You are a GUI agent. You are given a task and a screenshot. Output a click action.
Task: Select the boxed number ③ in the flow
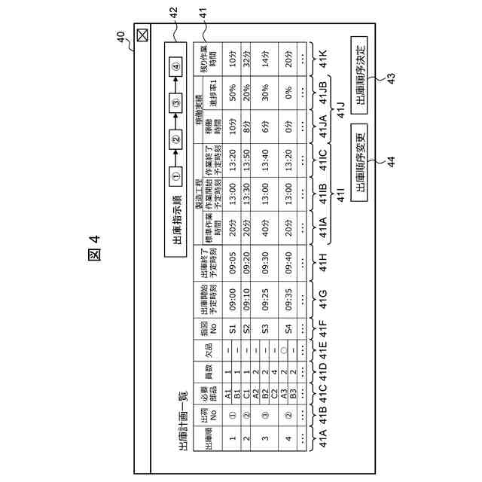pos(175,102)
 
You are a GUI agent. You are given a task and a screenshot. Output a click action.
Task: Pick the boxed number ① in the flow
pos(175,176)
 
